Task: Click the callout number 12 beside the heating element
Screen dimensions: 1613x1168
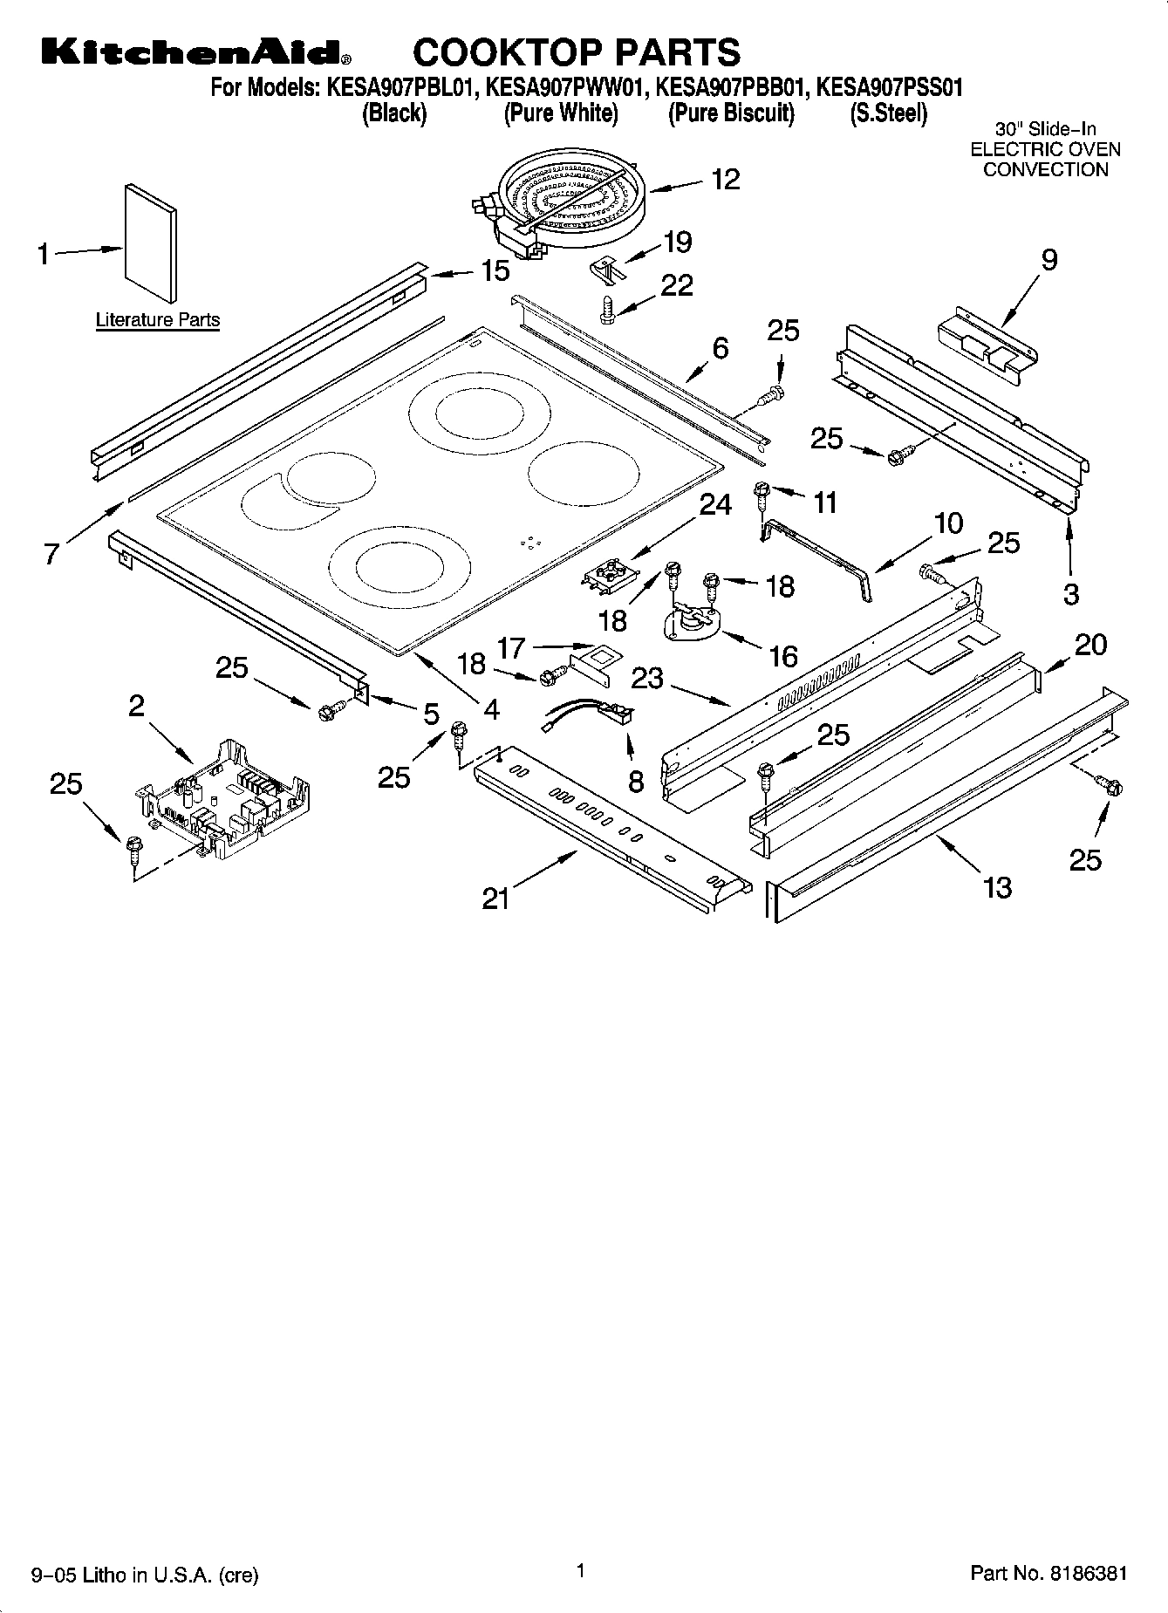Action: click(725, 180)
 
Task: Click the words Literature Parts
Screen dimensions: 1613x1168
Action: click(157, 320)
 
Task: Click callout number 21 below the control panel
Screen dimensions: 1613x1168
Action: click(495, 898)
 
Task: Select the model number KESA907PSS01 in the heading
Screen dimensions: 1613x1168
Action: click(889, 87)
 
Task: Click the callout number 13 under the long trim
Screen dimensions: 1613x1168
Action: click(997, 888)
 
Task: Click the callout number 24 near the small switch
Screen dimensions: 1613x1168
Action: click(715, 504)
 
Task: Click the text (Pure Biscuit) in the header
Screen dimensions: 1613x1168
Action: click(731, 114)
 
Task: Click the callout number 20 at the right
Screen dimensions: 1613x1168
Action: click(1089, 645)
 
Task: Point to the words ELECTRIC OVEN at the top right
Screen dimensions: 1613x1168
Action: click(1045, 149)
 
